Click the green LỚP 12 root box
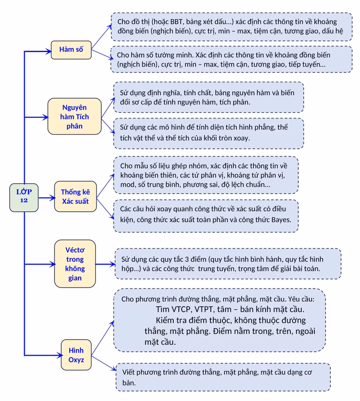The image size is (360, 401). coord(24,197)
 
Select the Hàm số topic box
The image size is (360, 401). coord(71,50)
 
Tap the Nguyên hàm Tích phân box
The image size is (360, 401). coord(74,116)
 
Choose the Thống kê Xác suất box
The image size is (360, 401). coord(76,196)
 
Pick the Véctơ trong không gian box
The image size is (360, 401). coord(75,264)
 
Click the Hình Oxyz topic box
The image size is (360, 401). coord(76,355)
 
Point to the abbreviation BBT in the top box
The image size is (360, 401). coord(176,22)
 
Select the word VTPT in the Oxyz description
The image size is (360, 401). coord(204,309)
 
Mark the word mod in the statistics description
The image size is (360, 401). coord(126,184)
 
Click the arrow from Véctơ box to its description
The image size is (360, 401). coord(105,264)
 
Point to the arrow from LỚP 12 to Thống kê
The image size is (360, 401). coord(47,198)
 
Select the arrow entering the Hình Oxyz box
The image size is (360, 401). coord(44,355)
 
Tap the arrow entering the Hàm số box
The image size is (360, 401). coord(38,51)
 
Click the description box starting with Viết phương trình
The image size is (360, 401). coord(223,377)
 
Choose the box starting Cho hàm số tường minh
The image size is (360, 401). coord(231,59)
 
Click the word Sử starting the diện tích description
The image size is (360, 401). coord(124,127)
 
